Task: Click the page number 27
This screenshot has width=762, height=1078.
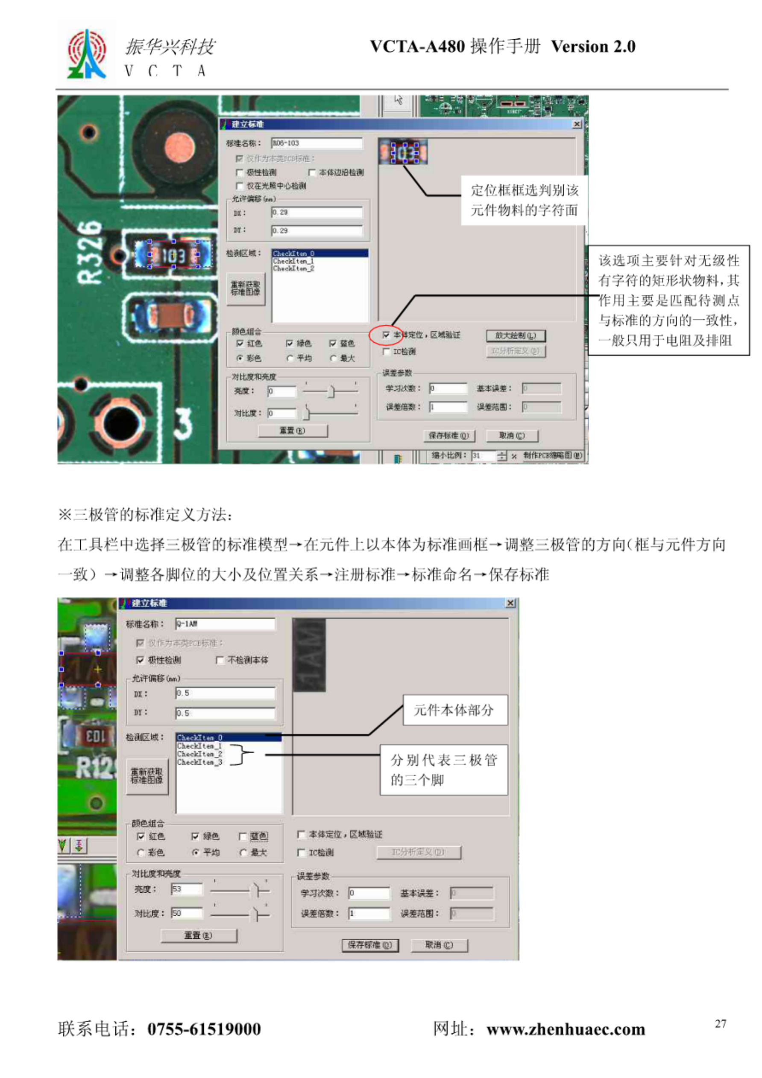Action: point(720,1023)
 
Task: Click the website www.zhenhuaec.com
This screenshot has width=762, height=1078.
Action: point(566,1029)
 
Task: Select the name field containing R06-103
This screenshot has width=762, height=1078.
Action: point(317,143)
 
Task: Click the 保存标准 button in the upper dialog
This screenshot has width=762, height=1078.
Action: point(448,436)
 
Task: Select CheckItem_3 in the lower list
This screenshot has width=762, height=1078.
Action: point(199,762)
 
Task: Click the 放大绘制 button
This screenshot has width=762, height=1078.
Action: point(516,336)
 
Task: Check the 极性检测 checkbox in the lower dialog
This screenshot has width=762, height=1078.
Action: point(140,660)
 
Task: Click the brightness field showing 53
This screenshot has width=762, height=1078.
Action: point(187,889)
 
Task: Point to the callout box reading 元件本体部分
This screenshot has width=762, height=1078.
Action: point(455,710)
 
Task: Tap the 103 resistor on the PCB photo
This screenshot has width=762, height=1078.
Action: point(173,255)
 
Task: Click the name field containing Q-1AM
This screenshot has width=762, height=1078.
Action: point(225,624)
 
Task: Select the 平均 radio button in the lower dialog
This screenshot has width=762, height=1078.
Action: point(196,852)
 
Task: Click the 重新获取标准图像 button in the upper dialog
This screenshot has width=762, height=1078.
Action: point(245,288)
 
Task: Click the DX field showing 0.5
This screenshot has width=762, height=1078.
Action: point(225,693)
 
